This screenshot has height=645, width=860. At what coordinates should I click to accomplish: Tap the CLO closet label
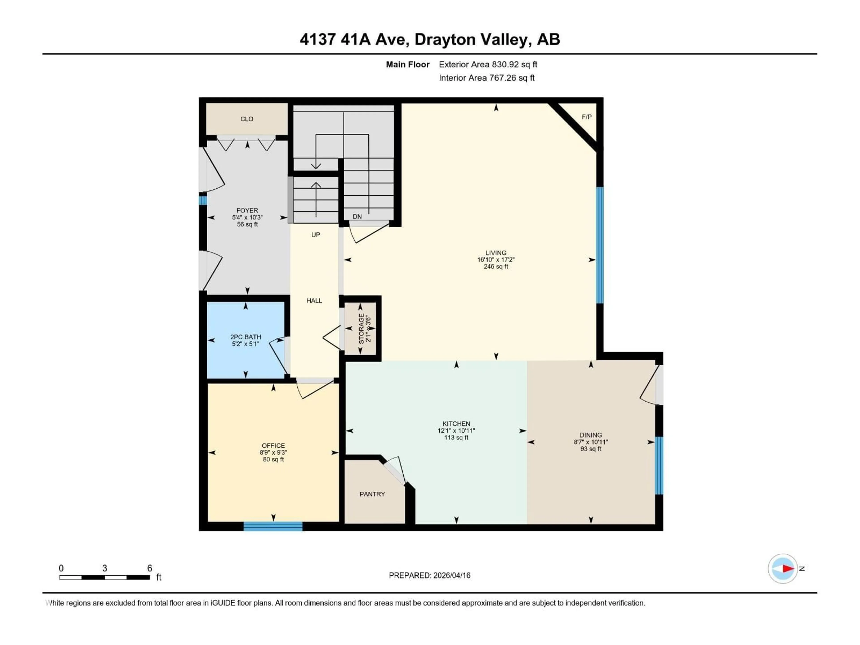coord(247,119)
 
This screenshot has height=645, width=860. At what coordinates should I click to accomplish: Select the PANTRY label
coord(372,494)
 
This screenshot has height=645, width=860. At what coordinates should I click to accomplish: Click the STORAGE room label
coord(361,329)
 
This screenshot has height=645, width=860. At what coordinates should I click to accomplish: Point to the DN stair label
coord(357,217)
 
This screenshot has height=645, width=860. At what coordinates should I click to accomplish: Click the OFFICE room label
coord(273,445)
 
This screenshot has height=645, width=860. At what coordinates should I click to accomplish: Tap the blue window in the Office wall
coord(273,526)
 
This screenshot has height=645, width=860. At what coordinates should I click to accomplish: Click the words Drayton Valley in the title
coord(472,40)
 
